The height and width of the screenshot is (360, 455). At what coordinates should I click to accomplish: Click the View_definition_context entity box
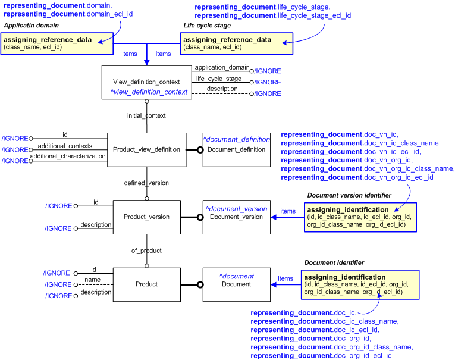(146, 82)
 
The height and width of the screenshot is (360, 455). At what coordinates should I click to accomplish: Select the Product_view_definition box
(146, 149)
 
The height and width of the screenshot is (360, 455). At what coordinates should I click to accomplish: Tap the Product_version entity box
(146, 217)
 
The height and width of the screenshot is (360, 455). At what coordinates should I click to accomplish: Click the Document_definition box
(236, 149)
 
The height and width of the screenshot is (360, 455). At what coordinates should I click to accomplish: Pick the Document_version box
(236, 217)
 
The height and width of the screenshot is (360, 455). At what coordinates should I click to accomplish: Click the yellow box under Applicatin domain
(57, 43)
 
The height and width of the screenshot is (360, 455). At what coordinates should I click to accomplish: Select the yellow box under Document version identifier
(362, 217)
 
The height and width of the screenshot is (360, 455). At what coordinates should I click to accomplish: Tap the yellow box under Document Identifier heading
(361, 284)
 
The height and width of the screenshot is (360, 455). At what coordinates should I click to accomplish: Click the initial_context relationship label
(146, 115)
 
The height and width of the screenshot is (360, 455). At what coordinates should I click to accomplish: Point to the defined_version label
(146, 183)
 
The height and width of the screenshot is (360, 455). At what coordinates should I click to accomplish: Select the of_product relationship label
(146, 251)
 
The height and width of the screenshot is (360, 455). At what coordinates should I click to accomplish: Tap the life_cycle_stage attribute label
(218, 79)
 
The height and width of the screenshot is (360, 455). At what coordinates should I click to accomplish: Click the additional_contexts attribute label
(65, 146)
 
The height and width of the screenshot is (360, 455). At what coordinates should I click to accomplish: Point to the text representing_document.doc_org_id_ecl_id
(321, 355)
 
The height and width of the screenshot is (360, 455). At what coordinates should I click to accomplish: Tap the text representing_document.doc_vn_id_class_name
(360, 143)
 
